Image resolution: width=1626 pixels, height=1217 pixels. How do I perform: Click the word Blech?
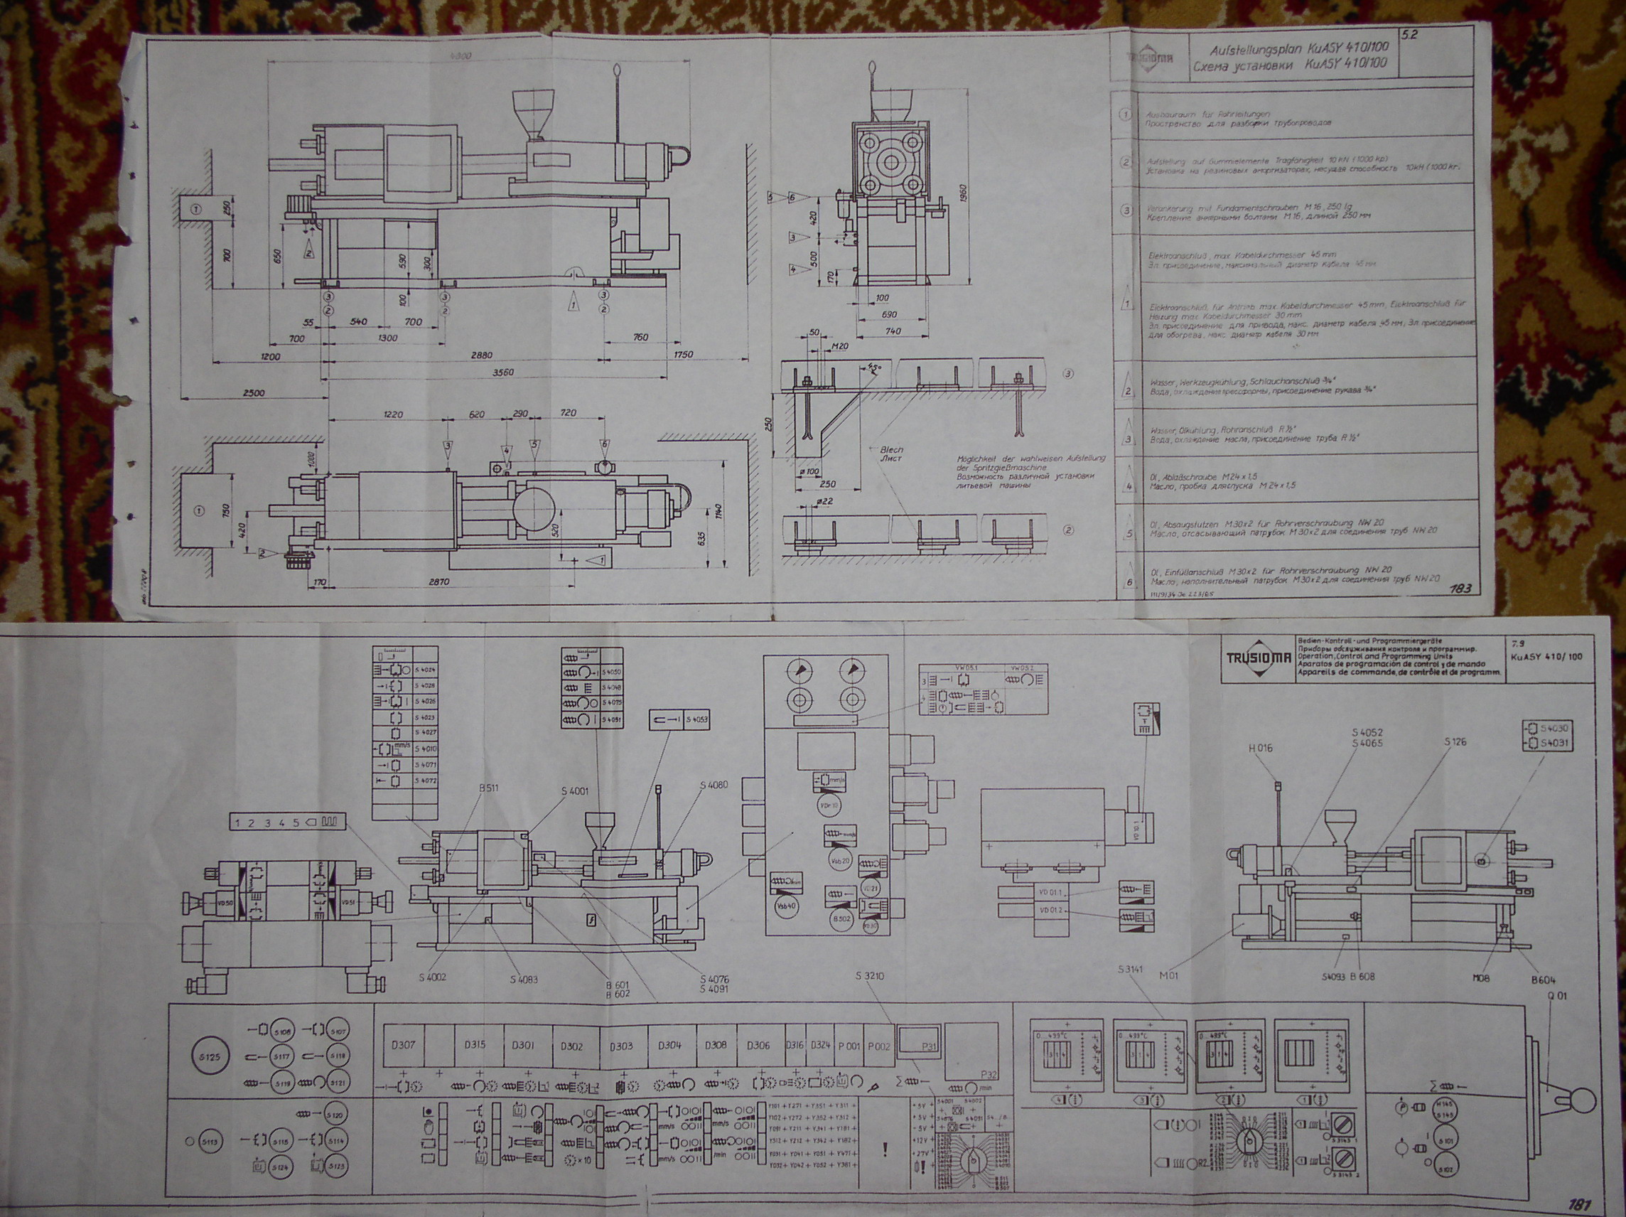[x=893, y=449]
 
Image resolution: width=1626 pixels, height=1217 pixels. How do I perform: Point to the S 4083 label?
[x=524, y=980]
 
